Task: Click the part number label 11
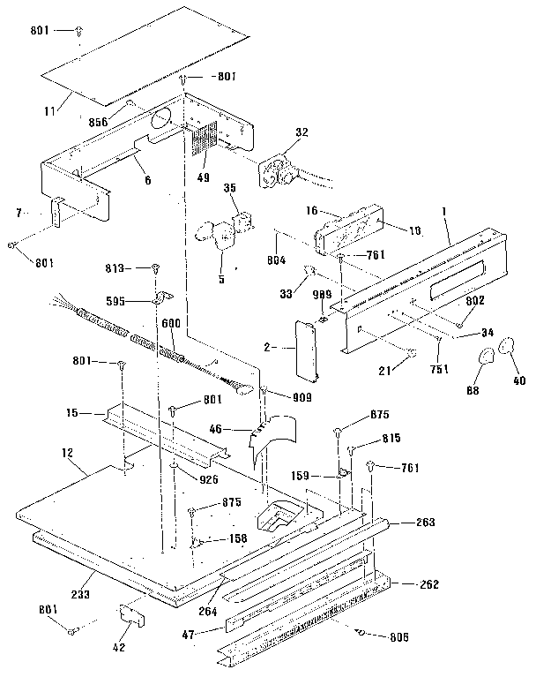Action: pyautogui.click(x=50, y=110)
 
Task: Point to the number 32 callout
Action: pyautogui.click(x=302, y=132)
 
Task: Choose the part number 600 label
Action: pyautogui.click(x=171, y=323)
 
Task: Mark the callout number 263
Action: pyautogui.click(x=425, y=522)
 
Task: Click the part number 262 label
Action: pyautogui.click(x=428, y=585)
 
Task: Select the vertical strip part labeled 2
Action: pyautogui.click(x=305, y=346)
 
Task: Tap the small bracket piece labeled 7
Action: pyautogui.click(x=56, y=212)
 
